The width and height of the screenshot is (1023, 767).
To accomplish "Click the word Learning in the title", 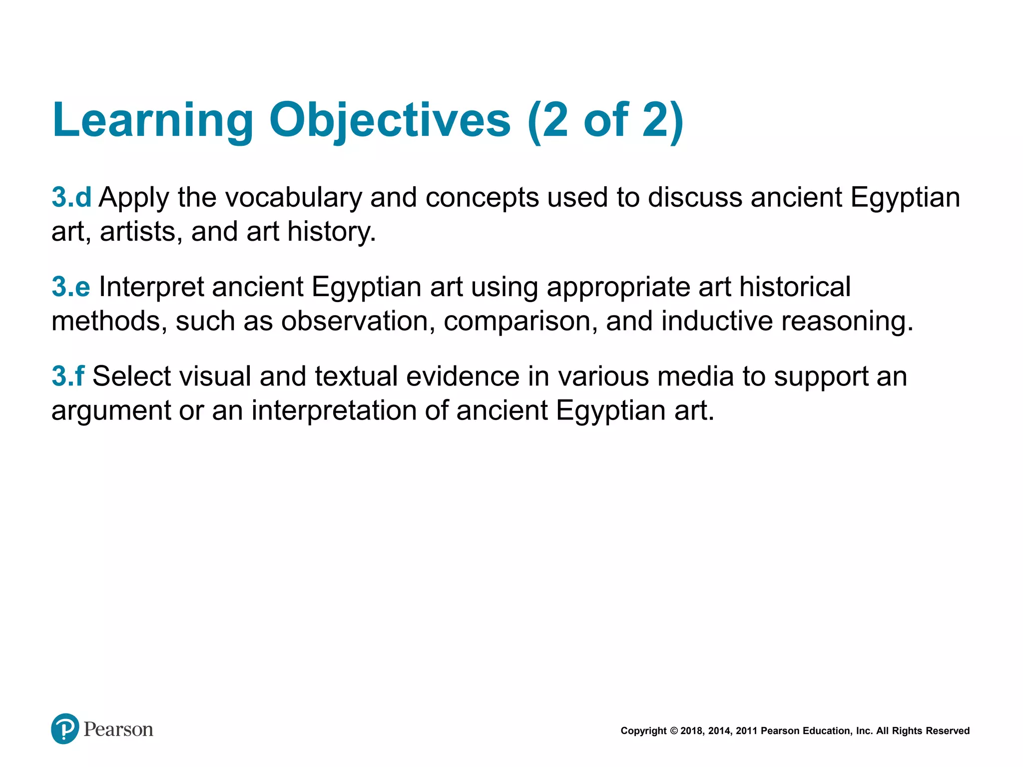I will [x=153, y=121].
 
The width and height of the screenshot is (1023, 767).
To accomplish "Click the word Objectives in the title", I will [x=390, y=121].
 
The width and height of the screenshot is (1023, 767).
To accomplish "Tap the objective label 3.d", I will [x=71, y=197].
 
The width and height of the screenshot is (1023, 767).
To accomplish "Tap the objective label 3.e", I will [x=71, y=287].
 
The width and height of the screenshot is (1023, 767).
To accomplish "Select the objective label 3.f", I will [x=68, y=376].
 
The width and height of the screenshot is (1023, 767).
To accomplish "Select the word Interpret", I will [x=151, y=288].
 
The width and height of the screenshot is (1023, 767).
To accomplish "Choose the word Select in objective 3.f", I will [x=131, y=376].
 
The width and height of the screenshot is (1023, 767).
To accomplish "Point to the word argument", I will [x=111, y=411].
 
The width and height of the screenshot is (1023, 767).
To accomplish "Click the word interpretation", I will [x=334, y=410].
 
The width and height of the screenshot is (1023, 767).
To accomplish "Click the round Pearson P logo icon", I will [x=65, y=729].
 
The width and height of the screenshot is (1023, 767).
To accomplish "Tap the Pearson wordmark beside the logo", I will [x=118, y=730].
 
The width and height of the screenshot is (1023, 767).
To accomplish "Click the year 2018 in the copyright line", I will [x=692, y=731].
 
